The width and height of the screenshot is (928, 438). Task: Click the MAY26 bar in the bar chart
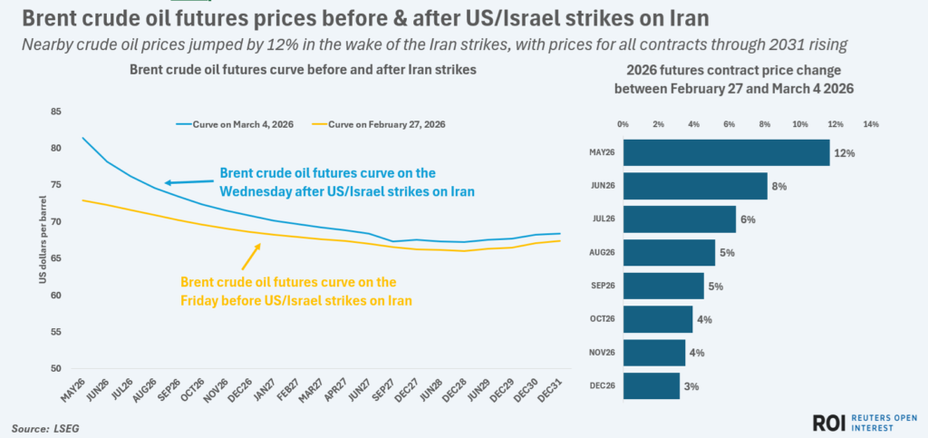point(725,152)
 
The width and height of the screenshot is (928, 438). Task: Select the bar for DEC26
point(651,385)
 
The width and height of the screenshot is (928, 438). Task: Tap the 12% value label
point(846,153)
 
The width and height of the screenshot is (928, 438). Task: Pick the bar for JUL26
point(679,219)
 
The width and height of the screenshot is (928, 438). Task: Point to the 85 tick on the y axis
point(55,112)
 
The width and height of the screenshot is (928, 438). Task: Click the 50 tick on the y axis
point(55,369)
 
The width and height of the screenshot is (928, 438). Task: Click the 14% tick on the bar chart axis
point(871,124)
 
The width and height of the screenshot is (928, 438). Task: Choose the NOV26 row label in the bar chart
point(604,353)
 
